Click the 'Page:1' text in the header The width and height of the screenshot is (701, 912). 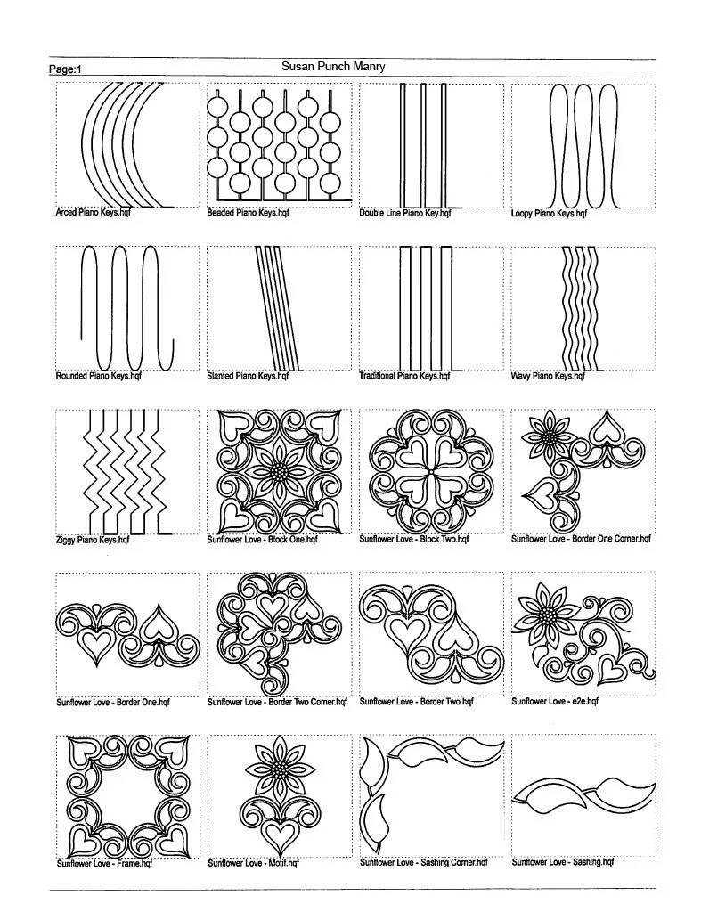click(65, 69)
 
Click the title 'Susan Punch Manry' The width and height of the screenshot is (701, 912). click(333, 66)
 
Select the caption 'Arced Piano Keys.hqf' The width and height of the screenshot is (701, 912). click(93, 214)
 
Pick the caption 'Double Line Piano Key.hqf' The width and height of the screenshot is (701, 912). click(405, 214)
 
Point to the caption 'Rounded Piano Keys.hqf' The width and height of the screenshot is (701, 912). click(98, 376)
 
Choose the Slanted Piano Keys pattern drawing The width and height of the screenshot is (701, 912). click(277, 306)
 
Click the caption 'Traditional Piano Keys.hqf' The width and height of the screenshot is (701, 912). click(404, 376)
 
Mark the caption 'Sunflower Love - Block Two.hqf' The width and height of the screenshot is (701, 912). click(413, 539)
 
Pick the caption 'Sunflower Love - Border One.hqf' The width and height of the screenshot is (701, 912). click(112, 702)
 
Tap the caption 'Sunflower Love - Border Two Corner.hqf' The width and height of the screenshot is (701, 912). click(276, 702)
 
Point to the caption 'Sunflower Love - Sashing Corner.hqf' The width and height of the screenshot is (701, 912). click(423, 863)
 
